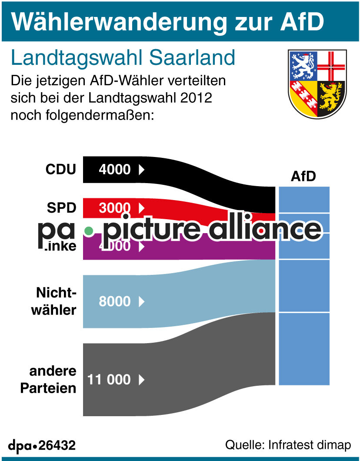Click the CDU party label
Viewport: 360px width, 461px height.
coord(60,169)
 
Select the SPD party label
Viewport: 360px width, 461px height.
coord(61,208)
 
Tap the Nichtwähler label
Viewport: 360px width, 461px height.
coord(56,302)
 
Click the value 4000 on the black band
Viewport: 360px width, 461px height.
coord(114,169)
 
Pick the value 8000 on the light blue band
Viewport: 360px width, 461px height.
coord(114,301)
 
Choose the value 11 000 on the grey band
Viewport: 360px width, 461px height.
coord(109,379)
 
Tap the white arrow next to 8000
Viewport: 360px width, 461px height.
coord(141,301)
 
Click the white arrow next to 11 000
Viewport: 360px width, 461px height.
coord(141,380)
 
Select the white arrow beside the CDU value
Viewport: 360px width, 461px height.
coord(141,169)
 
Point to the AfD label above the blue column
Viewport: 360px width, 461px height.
coord(303,176)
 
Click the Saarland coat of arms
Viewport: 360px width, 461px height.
coord(317,84)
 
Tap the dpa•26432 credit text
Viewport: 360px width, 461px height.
coord(42,445)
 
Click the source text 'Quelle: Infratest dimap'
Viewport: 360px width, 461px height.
coord(287,445)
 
